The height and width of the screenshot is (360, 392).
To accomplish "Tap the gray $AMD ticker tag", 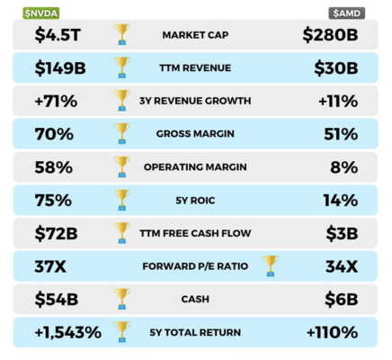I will pos(347,12).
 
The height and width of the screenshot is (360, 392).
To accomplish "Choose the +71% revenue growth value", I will pos(56,101).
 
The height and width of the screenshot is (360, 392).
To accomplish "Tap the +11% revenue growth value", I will pos(337,101).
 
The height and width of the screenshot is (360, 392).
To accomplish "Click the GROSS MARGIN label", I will pos(197,133).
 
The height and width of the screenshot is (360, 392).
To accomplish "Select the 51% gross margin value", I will pos(341,133).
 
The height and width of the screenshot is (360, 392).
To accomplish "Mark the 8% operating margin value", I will pos(346,166).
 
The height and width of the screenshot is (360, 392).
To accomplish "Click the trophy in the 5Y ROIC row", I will pos(121,199).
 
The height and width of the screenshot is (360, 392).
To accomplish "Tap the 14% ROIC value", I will pos(341,200).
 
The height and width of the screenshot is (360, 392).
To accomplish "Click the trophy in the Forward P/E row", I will pos(270,265).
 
